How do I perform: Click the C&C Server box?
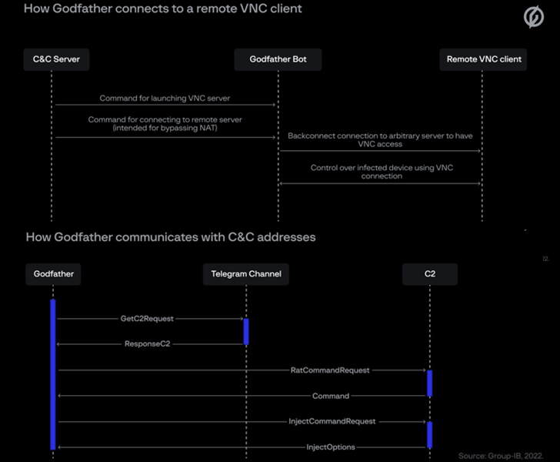[56, 59]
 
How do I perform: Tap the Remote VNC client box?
[484, 59]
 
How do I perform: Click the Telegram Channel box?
[246, 273]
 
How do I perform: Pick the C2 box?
[429, 273]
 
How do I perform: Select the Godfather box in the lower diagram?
[53, 273]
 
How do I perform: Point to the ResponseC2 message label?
[147, 344]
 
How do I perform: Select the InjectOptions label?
[331, 447]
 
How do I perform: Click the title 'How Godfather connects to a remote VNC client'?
[163, 10]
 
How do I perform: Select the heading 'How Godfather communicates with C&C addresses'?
[171, 237]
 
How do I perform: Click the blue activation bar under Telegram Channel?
[246, 331]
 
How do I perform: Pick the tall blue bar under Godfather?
[53, 373]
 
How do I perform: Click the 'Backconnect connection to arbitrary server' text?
[380, 139]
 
